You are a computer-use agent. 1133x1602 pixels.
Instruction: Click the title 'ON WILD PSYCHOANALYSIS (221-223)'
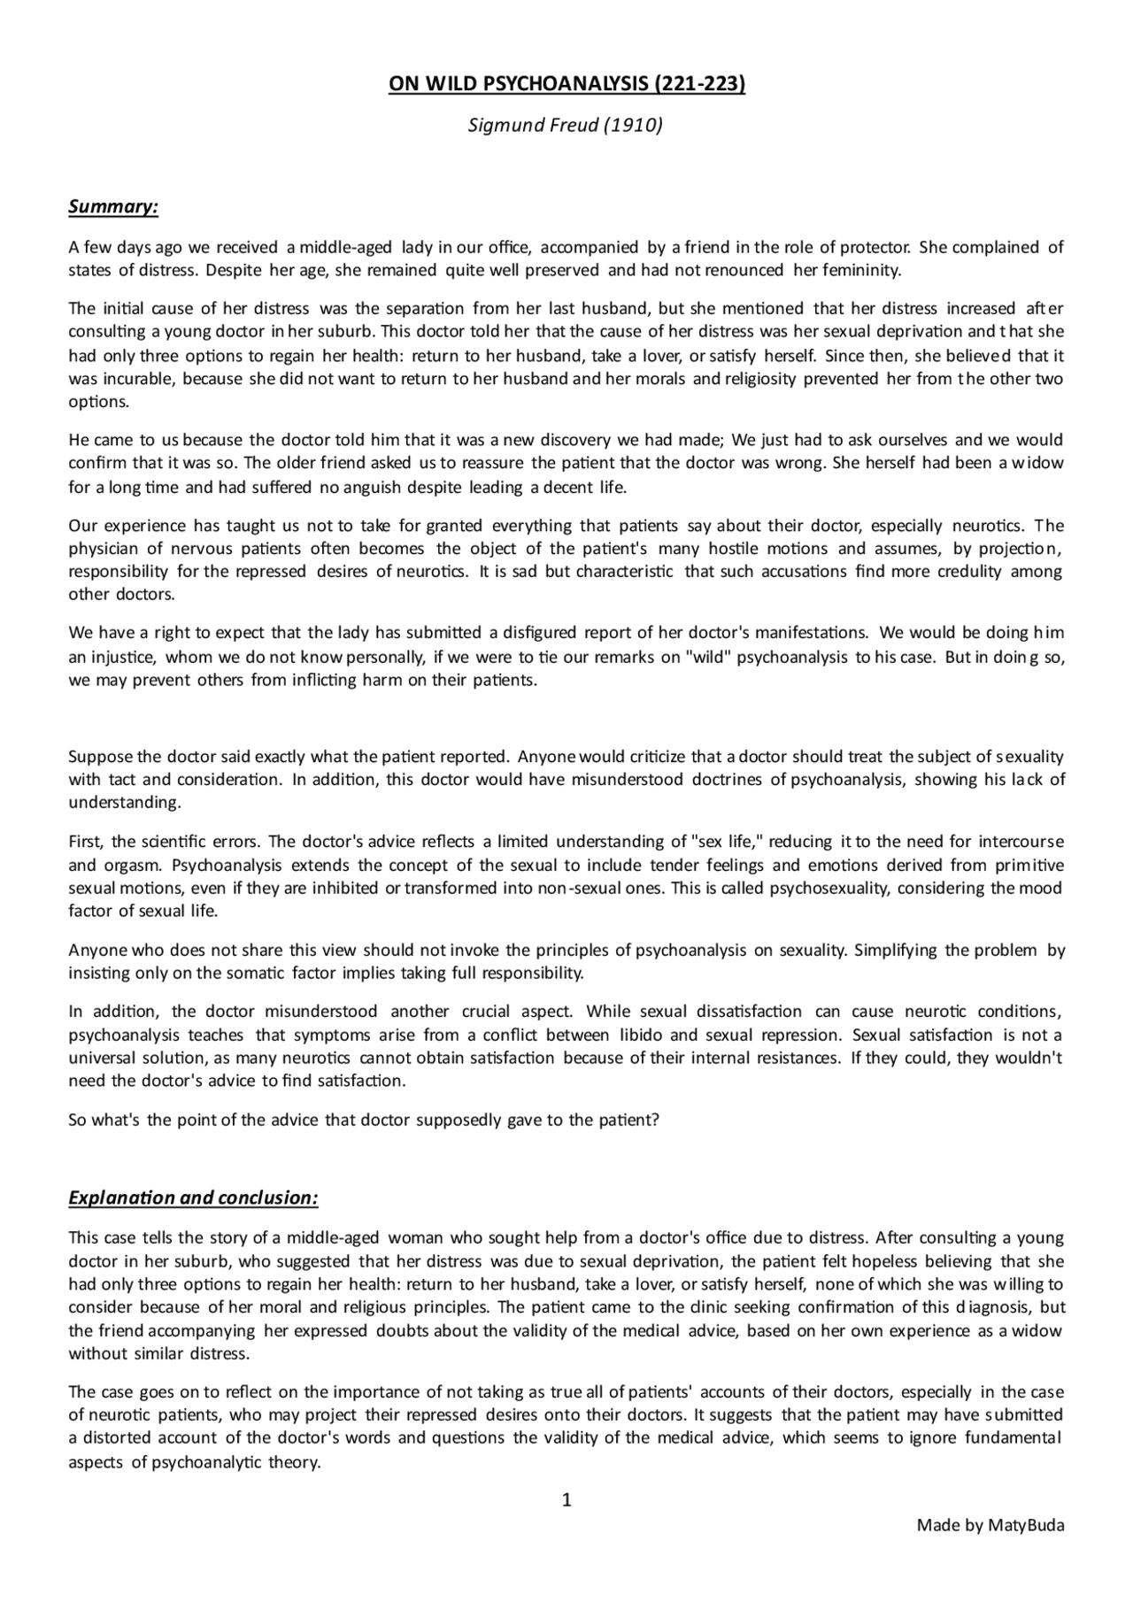click(x=566, y=84)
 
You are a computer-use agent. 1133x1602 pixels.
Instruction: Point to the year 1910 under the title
click(x=633, y=125)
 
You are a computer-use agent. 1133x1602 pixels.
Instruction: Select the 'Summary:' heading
click(x=113, y=206)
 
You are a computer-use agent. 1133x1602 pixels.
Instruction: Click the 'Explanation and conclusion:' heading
click(x=193, y=1198)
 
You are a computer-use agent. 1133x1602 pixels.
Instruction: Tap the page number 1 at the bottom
click(x=567, y=1499)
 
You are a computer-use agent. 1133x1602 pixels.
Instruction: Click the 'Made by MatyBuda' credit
click(x=990, y=1525)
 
